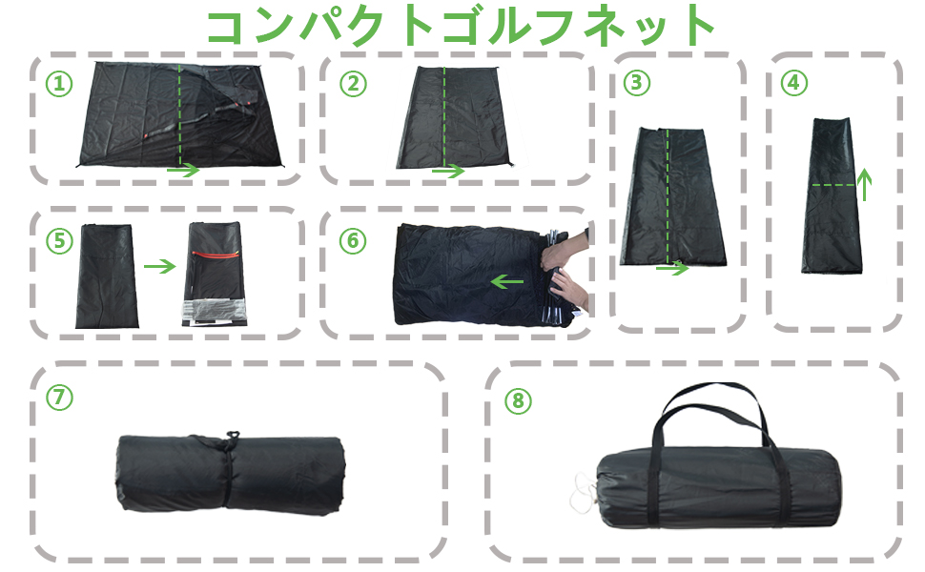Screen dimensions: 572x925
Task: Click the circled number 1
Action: click(x=59, y=84)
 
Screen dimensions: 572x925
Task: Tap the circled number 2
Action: click(x=353, y=84)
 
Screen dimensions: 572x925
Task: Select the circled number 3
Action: click(x=636, y=83)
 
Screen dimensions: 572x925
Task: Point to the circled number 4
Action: click(x=792, y=83)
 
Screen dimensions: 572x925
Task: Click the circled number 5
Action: click(x=59, y=240)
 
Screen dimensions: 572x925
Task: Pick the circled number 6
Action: click(x=353, y=240)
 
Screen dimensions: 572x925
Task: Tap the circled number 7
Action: click(x=59, y=398)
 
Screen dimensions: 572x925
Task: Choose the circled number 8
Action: click(x=518, y=400)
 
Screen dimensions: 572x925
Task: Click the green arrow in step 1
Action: click(x=183, y=171)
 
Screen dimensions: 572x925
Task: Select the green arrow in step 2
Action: click(x=447, y=172)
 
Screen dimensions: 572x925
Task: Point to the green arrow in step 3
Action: click(x=672, y=269)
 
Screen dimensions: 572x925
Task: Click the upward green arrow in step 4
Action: click(x=864, y=183)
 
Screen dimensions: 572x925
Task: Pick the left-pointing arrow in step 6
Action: click(x=506, y=281)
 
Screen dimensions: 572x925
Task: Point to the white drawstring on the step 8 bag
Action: click(x=579, y=492)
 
